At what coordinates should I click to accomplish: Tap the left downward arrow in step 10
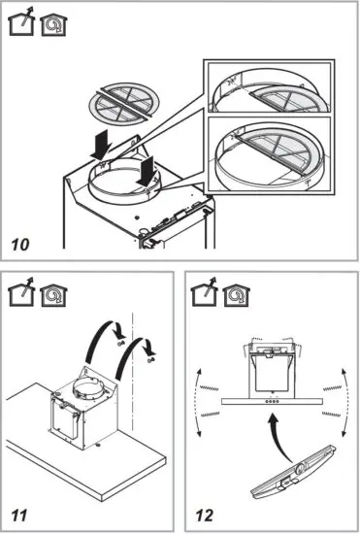click(101, 147)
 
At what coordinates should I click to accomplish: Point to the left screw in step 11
click(116, 345)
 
